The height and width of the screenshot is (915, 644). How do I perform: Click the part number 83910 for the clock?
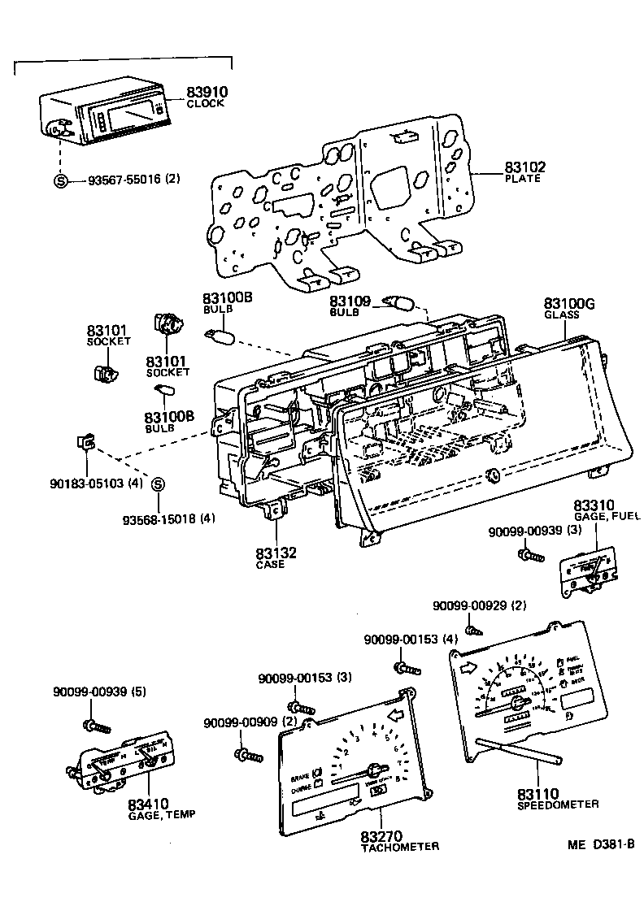pyautogui.click(x=207, y=93)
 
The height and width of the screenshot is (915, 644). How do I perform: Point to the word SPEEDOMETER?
pyautogui.click(x=558, y=804)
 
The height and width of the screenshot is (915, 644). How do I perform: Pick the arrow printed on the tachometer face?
pyautogui.click(x=397, y=715)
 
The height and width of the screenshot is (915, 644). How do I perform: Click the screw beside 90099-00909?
pyautogui.click(x=249, y=755)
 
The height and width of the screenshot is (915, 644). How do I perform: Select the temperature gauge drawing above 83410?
pyautogui.click(x=122, y=765)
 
